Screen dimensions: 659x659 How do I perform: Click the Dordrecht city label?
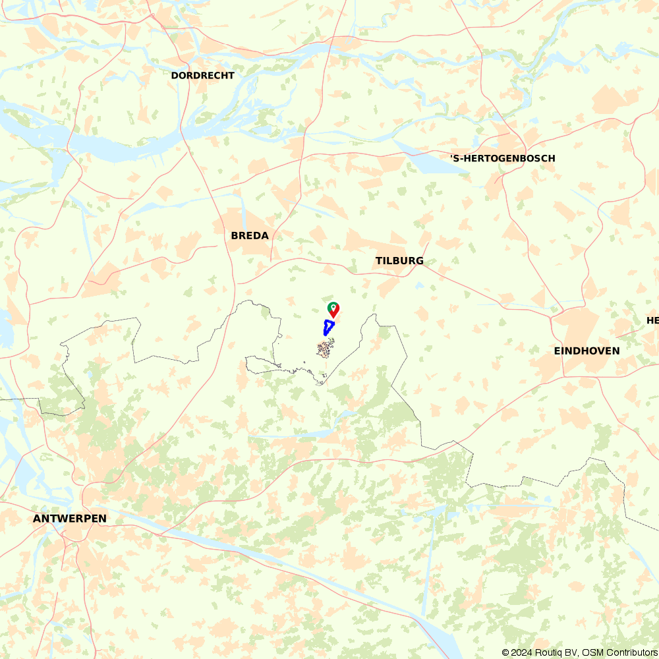(x=202, y=75)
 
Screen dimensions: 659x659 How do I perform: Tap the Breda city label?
(x=250, y=235)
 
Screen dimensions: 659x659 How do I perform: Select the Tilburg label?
(x=399, y=261)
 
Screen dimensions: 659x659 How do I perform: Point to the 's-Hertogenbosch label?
(x=503, y=158)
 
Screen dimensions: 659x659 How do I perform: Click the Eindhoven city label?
(x=587, y=351)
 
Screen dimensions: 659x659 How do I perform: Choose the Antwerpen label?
(x=70, y=519)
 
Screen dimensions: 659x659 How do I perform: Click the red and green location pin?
(x=333, y=310)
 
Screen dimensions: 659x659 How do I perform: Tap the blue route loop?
(x=328, y=327)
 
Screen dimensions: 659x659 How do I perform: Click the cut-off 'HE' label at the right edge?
(x=652, y=320)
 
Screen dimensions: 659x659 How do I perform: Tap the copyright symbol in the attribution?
(x=505, y=652)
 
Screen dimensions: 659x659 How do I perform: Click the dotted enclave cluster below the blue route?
(x=326, y=347)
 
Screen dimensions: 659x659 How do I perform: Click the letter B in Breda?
(x=235, y=235)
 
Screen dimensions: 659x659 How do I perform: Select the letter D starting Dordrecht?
(x=175, y=75)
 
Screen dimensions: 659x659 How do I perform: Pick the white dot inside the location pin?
(x=334, y=307)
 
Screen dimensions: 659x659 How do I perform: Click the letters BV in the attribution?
(x=571, y=652)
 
